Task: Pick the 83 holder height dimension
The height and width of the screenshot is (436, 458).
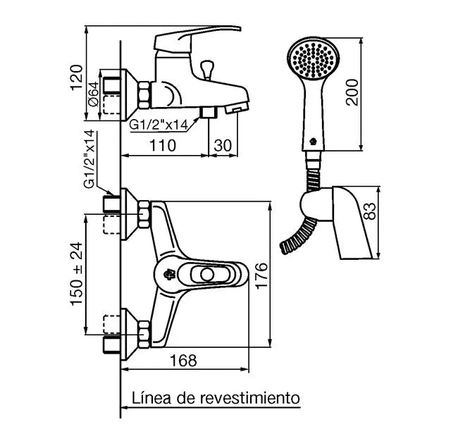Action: pos(374,211)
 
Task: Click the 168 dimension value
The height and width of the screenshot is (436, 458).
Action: pos(184,360)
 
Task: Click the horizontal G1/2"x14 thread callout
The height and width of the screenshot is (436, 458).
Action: pos(158,124)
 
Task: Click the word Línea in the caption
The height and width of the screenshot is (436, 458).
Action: pos(149,398)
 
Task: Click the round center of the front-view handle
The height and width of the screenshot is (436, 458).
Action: pos(206,274)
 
